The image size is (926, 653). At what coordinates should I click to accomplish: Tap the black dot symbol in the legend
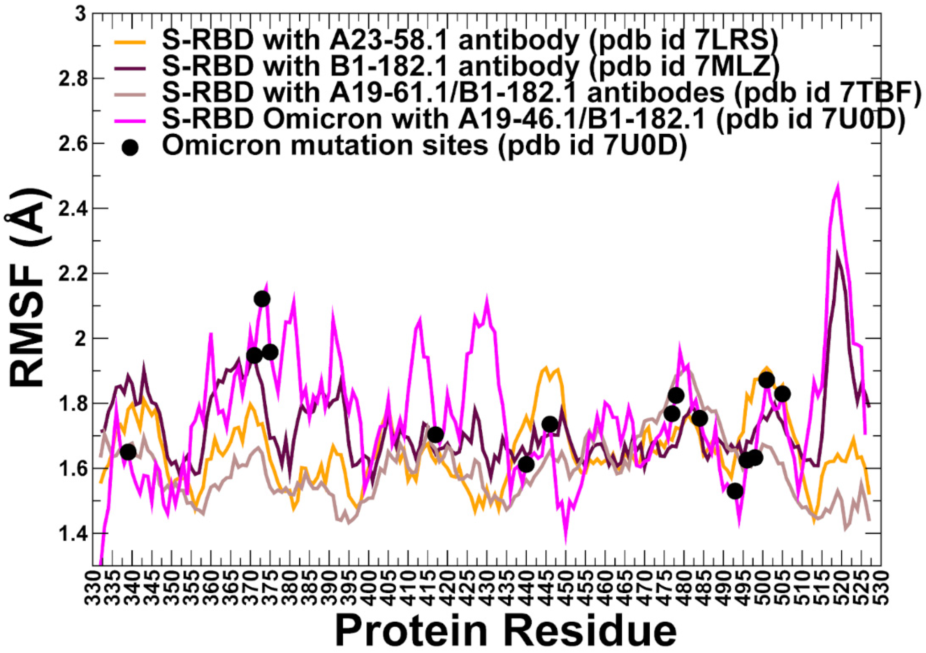130,148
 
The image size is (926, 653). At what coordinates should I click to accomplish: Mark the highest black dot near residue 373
262,299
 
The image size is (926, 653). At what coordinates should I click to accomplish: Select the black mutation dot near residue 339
128,452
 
